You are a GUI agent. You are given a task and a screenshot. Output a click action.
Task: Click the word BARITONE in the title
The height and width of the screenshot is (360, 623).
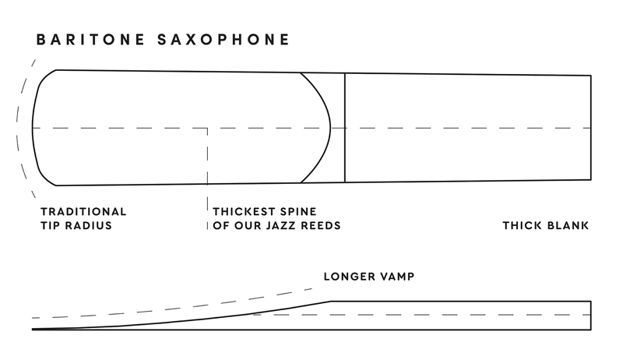pos(90,40)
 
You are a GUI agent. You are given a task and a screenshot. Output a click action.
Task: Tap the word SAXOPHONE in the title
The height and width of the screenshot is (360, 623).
pos(224,40)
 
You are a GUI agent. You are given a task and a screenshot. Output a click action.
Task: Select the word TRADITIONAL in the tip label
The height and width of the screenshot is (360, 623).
pos(83,211)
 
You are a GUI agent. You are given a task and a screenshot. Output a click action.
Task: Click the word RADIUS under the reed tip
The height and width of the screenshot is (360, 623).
pos(88,225)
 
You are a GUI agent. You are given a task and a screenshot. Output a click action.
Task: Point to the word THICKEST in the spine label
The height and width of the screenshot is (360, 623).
pos(245,211)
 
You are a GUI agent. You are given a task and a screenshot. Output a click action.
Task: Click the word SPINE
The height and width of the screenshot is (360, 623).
pos(298,211)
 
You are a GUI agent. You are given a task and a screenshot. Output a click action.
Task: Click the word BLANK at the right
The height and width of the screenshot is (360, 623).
pos(568,225)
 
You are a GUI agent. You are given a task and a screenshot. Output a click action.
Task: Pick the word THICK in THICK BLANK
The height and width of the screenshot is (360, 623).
pos(523,225)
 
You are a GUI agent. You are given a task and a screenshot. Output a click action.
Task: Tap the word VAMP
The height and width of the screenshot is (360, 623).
pos(396,277)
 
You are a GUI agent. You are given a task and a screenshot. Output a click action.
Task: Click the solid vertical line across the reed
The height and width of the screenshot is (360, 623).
pos(345,128)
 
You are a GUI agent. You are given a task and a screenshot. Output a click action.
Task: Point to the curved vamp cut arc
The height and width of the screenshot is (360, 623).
pos(330,128)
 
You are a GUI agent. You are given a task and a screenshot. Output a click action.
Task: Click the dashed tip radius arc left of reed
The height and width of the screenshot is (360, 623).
pos(17,128)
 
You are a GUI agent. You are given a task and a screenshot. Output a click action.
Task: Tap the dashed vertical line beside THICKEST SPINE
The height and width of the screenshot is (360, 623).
pos(207,178)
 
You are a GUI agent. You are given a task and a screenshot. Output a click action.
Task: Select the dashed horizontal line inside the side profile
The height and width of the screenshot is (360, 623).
pos(422,315)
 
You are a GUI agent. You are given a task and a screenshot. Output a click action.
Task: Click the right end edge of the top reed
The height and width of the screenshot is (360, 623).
pos(591,128)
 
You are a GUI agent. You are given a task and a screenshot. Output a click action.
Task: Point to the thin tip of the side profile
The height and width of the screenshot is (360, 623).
pos(33,330)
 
